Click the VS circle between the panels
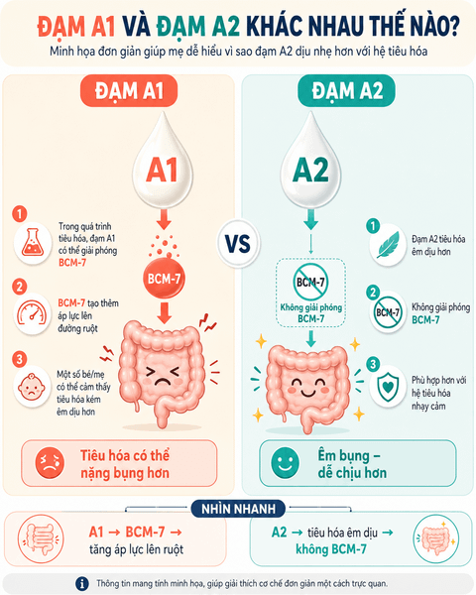click(x=238, y=244)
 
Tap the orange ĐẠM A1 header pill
click(x=129, y=91)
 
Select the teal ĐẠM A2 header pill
click(x=346, y=91)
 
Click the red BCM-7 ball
click(x=164, y=279)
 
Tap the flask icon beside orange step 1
click(x=33, y=243)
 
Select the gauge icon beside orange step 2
click(x=33, y=313)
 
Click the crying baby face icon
click(x=32, y=387)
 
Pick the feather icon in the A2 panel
click(x=388, y=244)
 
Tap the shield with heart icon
click(x=388, y=387)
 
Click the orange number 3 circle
click(x=20, y=359)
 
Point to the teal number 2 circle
click(x=373, y=293)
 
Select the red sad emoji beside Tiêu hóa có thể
click(x=50, y=463)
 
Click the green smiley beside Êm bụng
click(x=285, y=463)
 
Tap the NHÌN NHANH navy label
click(x=238, y=509)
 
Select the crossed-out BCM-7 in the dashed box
click(x=310, y=282)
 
